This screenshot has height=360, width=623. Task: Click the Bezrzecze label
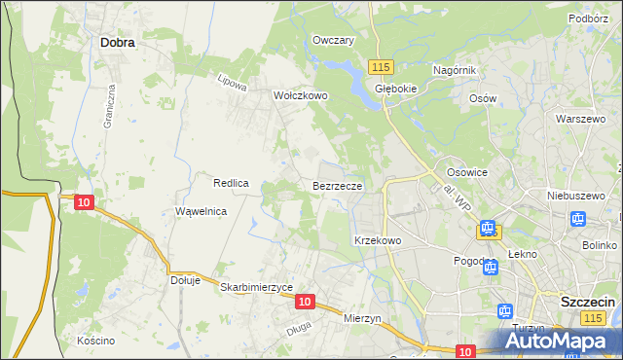pyautogui.click(x=338, y=185)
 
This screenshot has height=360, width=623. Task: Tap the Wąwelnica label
pyautogui.click(x=201, y=211)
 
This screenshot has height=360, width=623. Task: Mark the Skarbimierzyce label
pyautogui.click(x=257, y=287)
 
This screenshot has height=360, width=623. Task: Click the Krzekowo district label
pyautogui.click(x=378, y=239)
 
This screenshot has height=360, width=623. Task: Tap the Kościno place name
pyautogui.click(x=95, y=341)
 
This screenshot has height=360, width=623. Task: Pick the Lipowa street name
pyautogui.click(x=233, y=82)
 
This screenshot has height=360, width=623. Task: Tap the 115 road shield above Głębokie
pyautogui.click(x=381, y=65)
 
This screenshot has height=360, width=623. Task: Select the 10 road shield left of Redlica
pyautogui.click(x=84, y=202)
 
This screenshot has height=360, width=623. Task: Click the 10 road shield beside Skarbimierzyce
pyautogui.click(x=305, y=302)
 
